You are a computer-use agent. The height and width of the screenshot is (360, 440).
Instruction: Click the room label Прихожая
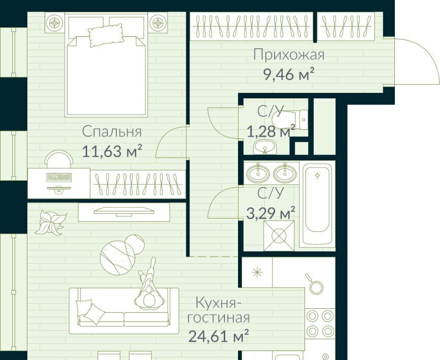[x=289, y=55]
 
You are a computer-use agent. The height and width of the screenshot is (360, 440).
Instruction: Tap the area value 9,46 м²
[x=289, y=75]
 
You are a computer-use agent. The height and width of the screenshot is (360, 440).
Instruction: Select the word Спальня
[x=112, y=132]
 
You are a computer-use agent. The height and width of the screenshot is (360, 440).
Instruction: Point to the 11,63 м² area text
[x=112, y=151]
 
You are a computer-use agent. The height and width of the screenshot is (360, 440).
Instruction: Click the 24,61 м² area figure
[x=219, y=336]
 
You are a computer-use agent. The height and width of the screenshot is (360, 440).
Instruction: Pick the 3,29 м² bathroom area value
[x=270, y=213]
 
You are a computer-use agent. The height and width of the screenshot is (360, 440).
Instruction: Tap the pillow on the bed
[x=106, y=35]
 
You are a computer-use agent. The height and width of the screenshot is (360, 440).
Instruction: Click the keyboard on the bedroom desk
[x=59, y=177]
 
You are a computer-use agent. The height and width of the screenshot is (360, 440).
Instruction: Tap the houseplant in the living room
[x=51, y=222]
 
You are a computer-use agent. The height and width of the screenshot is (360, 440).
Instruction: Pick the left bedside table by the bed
[x=55, y=22]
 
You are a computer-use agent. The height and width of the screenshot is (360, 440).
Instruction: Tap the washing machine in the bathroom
[x=279, y=235]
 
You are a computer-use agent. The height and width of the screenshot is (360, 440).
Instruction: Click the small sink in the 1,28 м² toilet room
[x=264, y=147]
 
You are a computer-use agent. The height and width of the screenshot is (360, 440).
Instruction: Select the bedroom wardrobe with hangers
[x=138, y=184]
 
